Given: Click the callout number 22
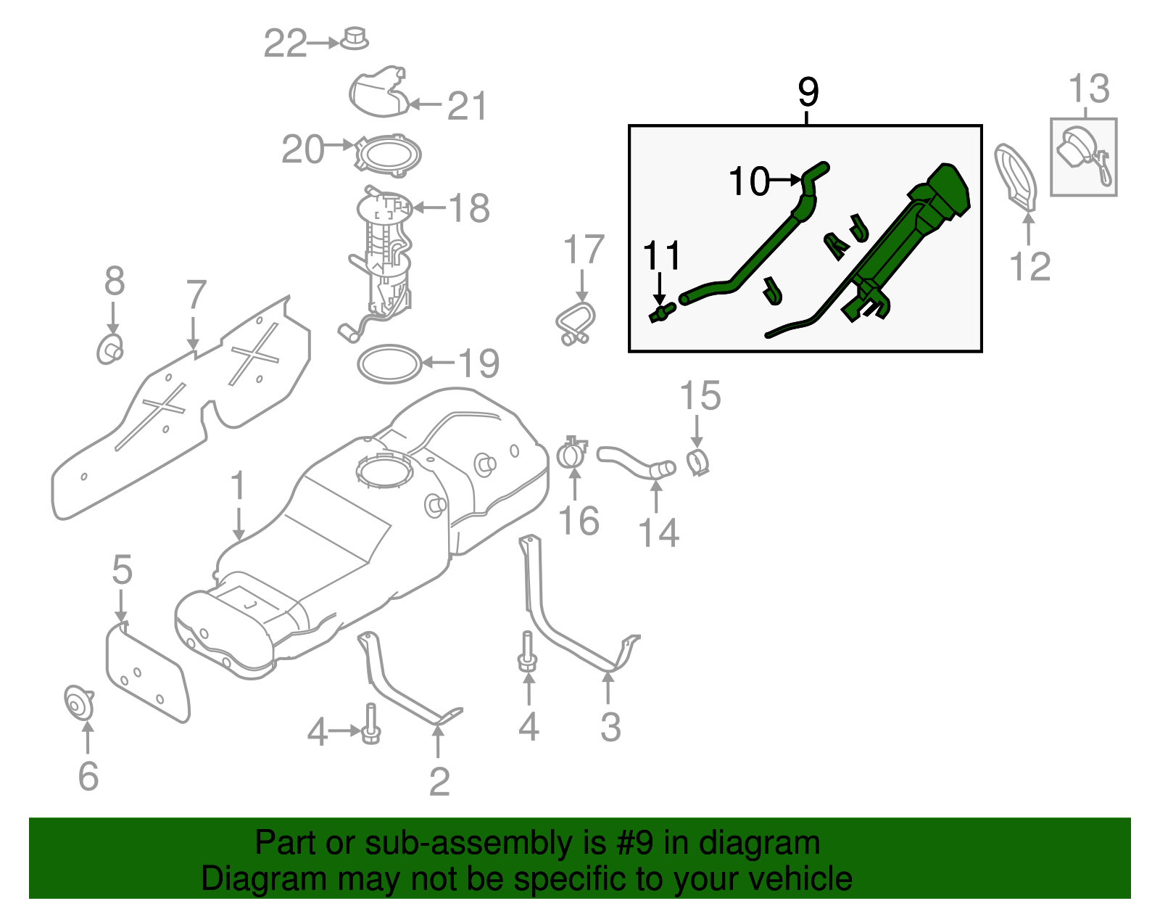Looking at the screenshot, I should coord(285,44).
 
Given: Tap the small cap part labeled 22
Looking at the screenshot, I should coord(354,38).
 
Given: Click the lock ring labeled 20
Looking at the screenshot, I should coord(388,155).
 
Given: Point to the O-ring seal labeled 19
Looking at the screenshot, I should coord(390,364).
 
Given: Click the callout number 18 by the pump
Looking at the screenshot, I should coord(469,209).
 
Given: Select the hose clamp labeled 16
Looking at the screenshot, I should coord(572,454).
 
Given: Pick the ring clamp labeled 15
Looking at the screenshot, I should coord(697,461).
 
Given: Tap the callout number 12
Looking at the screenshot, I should coord(1029,267).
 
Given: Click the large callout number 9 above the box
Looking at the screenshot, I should coord(808,93).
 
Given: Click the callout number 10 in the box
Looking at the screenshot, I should coord(749,181).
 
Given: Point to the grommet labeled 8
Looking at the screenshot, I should coord(109,350).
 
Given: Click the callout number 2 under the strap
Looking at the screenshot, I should coord(439,781).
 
